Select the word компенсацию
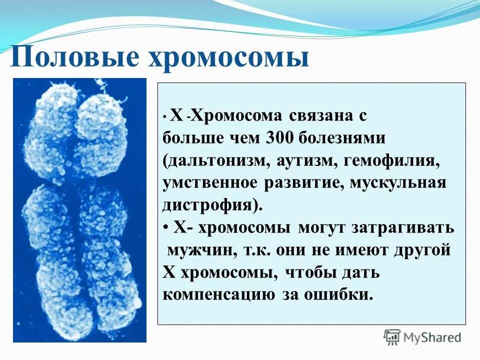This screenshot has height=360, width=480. pyautogui.click(x=218, y=294)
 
